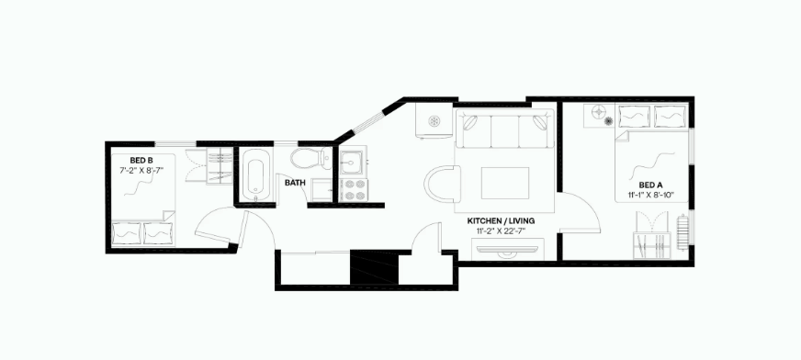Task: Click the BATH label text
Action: pyautogui.click(x=294, y=183)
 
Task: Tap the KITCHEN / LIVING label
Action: pyautogui.click(x=501, y=221)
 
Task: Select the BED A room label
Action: pyautogui.click(x=639, y=184)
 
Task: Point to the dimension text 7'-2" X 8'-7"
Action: pyautogui.click(x=140, y=170)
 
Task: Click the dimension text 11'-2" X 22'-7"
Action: pyautogui.click(x=501, y=231)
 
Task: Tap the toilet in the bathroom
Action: pyautogui.click(x=304, y=159)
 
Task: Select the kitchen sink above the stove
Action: pyautogui.click(x=351, y=164)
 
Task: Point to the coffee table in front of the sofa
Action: pyautogui.click(x=504, y=183)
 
